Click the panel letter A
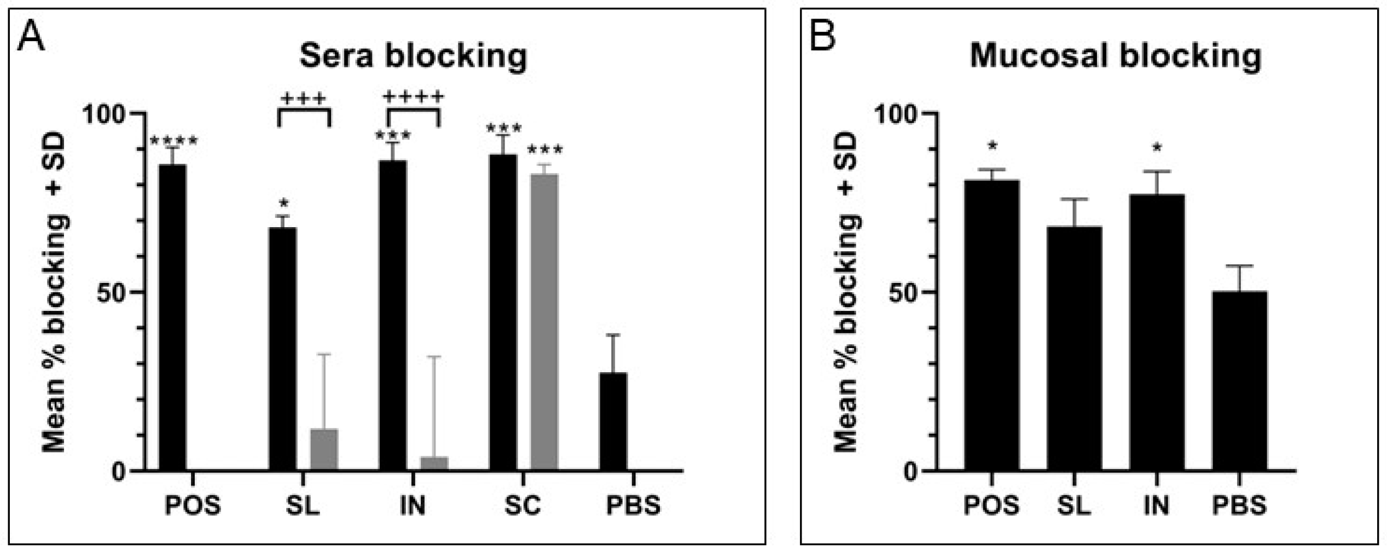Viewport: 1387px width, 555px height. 31,38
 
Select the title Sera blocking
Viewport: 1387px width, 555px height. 413,56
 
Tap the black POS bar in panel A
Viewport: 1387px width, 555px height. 173,317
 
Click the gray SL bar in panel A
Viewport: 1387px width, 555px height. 324,450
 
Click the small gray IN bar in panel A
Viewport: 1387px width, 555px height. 434,463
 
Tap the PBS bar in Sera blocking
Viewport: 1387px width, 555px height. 613,421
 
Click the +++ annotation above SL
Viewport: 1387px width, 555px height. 304,99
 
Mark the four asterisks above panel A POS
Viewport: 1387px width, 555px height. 174,141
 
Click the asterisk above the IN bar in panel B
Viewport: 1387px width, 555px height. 1157,148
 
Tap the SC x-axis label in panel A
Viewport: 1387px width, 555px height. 523,506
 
